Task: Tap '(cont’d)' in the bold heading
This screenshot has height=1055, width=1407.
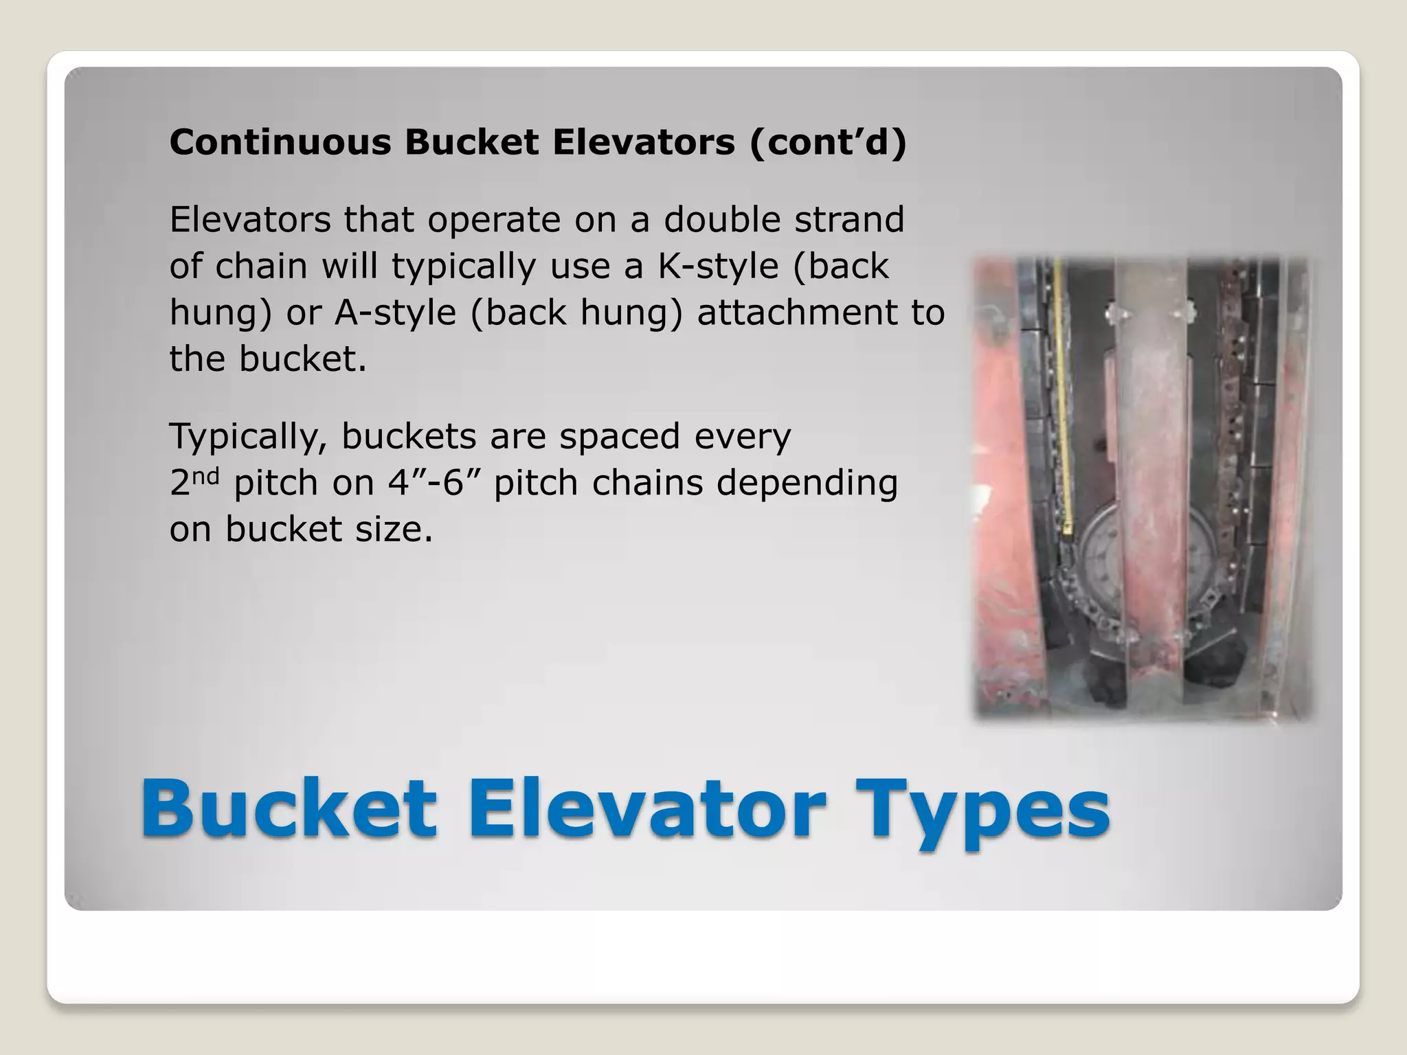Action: point(828,142)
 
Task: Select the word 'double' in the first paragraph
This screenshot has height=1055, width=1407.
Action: point(721,220)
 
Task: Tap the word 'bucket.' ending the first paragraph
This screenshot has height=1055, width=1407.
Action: point(302,359)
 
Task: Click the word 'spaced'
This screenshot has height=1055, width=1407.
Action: point(619,437)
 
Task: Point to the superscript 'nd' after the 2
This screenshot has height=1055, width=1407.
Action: point(205,475)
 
